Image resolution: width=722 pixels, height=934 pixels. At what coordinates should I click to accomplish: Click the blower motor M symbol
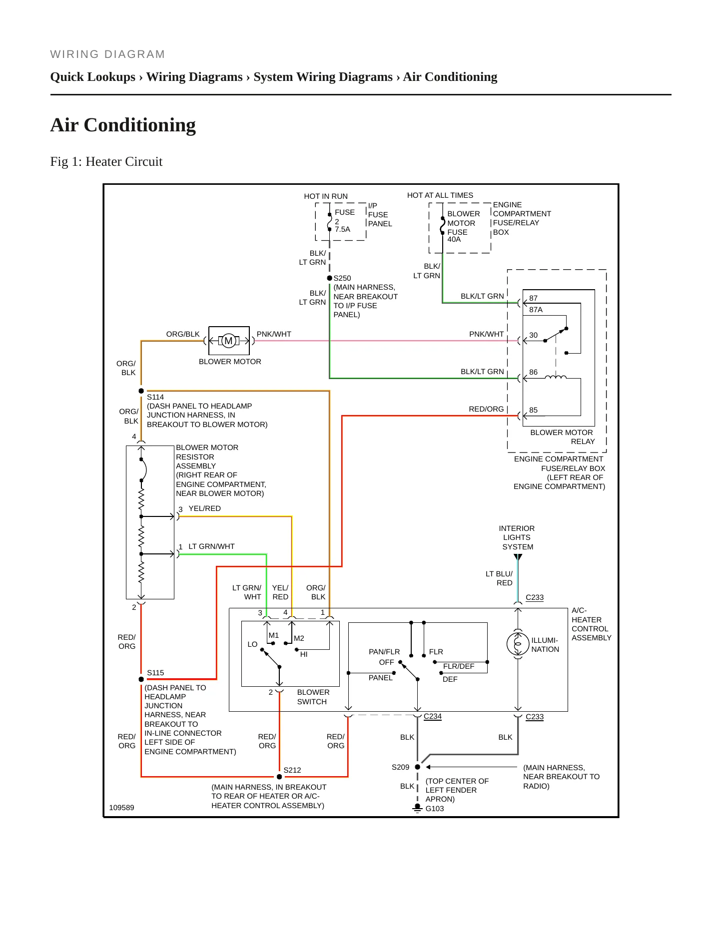[229, 341]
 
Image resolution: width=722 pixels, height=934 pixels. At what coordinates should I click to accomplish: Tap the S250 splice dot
[330, 278]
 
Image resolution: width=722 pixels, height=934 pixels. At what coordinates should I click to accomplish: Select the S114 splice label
[155, 397]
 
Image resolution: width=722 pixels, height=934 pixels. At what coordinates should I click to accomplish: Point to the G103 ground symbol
[417, 808]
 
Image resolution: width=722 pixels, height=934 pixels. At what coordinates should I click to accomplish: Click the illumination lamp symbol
[518, 644]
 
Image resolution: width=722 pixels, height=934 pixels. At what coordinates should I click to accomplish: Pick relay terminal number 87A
[536, 310]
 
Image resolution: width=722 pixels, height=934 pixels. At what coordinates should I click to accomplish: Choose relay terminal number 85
[534, 410]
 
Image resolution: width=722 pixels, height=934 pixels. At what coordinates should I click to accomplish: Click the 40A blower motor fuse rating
[454, 240]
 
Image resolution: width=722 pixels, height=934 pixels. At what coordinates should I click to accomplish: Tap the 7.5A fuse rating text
[343, 229]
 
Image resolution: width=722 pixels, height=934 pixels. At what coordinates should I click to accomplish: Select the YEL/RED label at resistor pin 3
[205, 508]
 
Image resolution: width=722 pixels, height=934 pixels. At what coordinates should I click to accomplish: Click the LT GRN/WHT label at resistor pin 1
[212, 546]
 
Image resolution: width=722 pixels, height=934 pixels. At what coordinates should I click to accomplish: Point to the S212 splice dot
[279, 777]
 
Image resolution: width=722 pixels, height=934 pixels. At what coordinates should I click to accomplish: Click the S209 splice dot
[418, 767]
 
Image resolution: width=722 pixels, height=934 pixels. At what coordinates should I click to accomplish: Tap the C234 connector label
[433, 716]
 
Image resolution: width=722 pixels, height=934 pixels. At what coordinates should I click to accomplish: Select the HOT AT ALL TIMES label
[440, 195]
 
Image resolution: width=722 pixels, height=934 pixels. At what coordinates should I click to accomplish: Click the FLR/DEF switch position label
[459, 666]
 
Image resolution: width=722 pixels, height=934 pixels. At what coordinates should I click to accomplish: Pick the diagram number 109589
[122, 808]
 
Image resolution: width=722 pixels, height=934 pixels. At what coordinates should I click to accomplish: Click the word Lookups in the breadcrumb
[110, 77]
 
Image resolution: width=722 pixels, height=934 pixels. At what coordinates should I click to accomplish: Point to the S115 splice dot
[141, 679]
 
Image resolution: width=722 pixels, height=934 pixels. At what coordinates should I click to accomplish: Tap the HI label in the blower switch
[304, 654]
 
